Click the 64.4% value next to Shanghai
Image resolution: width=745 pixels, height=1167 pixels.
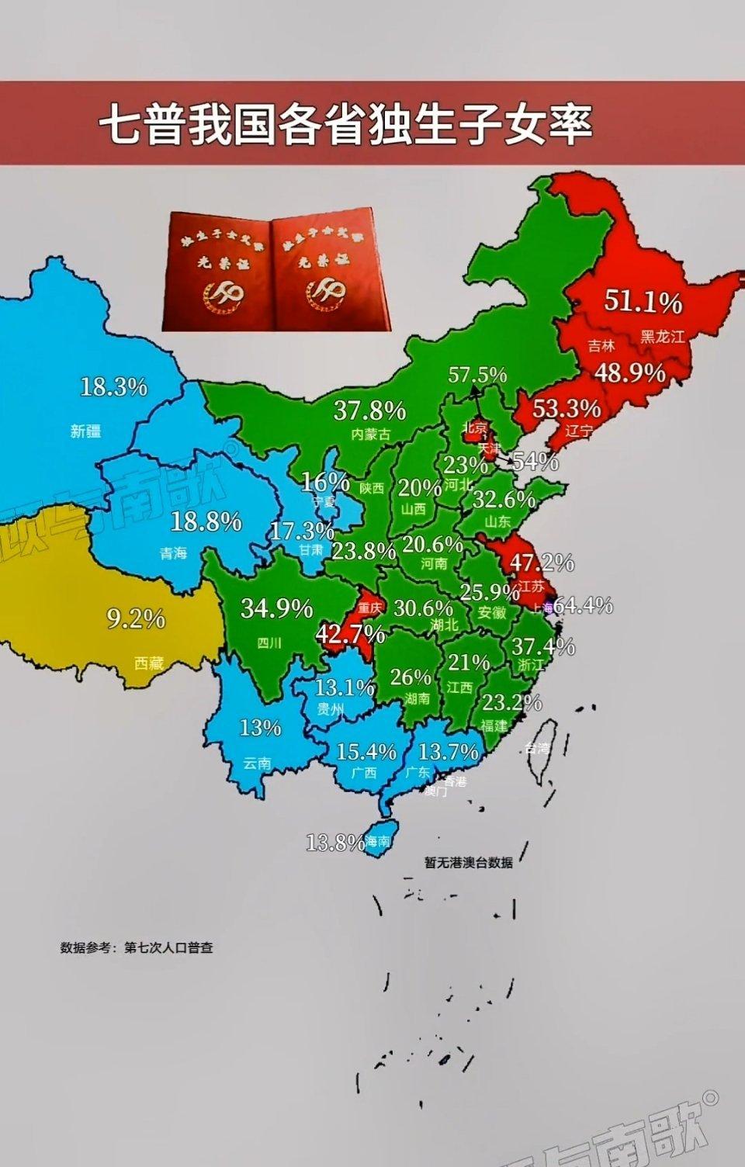tap(583, 604)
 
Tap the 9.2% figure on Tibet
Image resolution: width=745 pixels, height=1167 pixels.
tap(136, 618)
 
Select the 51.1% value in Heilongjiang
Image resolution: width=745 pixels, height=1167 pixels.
tap(643, 301)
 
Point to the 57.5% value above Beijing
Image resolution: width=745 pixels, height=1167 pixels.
tap(477, 376)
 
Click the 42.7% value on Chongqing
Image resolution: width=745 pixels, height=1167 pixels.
tap(350, 634)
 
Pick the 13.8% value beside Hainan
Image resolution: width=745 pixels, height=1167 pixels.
tap(334, 842)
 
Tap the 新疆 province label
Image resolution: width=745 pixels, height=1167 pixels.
tap(85, 431)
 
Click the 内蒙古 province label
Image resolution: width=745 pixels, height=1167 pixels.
tap(370, 434)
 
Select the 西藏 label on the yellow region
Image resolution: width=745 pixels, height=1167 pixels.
tap(148, 663)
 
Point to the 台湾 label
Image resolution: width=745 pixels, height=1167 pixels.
tap(536, 748)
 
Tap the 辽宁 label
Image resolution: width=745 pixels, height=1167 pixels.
tap(578, 431)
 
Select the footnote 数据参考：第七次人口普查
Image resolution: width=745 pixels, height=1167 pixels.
tap(137, 947)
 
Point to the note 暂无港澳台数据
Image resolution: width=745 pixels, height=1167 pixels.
tap(468, 862)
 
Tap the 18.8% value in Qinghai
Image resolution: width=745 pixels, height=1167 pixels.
tap(206, 521)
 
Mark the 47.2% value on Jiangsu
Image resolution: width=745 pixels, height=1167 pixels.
tap(541, 562)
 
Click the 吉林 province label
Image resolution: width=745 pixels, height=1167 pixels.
tap(601, 347)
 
